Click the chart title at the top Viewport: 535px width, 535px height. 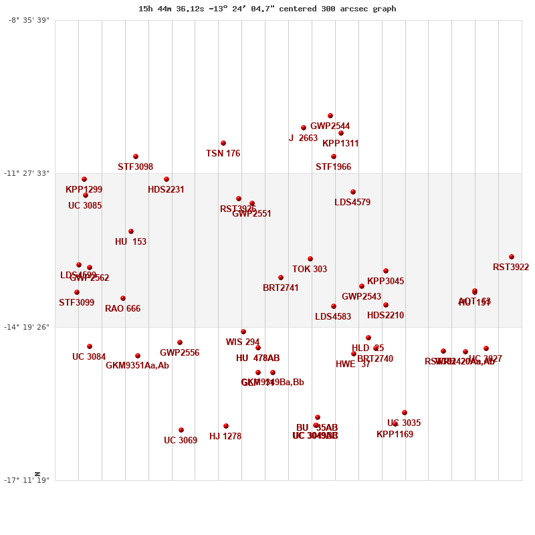coord(267,9)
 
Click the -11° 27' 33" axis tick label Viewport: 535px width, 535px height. coord(27,173)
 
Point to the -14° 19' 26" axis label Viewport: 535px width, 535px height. coord(27,326)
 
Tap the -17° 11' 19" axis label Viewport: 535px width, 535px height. coord(27,479)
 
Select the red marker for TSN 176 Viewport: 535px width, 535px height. coord(223,143)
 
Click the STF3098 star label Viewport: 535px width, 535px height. coord(135,167)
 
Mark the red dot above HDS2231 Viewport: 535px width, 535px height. coord(167,179)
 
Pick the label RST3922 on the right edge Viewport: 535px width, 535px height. coord(511,267)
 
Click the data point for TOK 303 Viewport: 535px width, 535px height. coord(310,259)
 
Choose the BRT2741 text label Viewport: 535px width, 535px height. coord(281,288)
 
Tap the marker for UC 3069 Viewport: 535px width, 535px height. coord(181,430)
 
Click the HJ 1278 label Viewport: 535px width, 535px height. coord(225,437)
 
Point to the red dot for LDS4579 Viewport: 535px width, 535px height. coord(353,192)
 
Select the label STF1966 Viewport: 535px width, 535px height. coord(333,167)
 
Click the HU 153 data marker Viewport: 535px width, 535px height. coord(131,231)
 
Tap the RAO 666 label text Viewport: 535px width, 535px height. coord(122,309)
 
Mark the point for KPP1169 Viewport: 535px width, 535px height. coord(395,424)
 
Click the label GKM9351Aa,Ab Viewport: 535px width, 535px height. coord(137,366)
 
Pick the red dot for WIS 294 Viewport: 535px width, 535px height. coord(243,332)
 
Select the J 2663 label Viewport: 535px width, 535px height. coord(303,138)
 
